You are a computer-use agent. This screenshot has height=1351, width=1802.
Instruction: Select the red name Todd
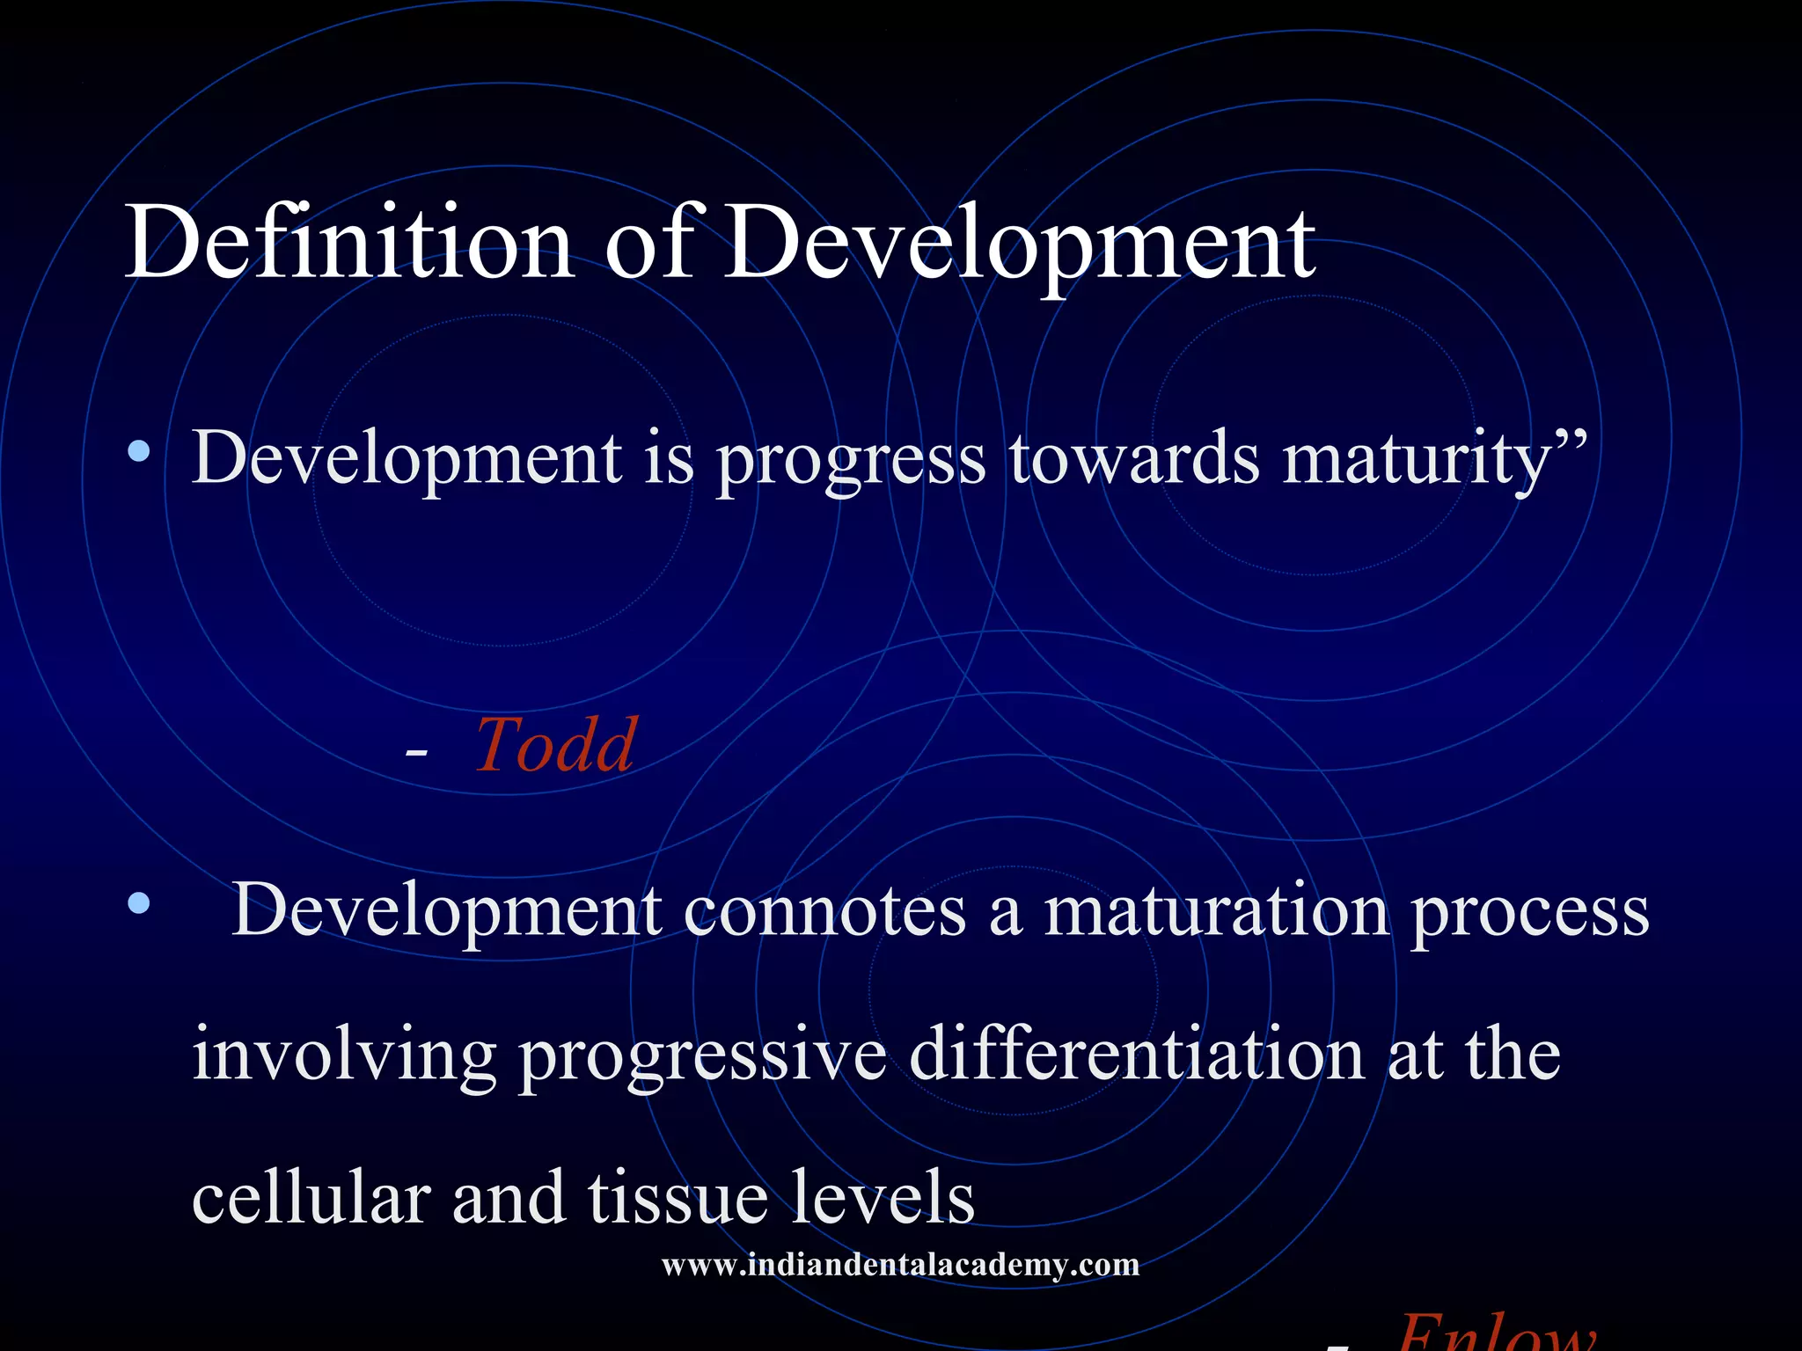point(555,746)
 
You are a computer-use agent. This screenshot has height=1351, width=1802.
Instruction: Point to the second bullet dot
point(139,903)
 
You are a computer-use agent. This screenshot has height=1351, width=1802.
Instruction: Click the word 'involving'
point(344,1055)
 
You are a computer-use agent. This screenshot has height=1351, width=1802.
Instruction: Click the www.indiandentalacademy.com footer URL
point(900,1265)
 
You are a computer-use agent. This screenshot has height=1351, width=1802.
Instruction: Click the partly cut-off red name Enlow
point(1496,1335)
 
